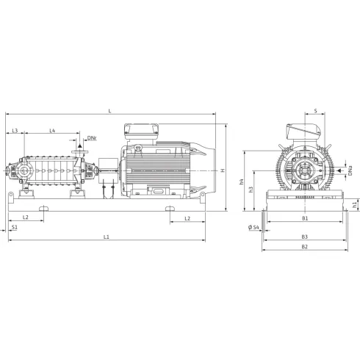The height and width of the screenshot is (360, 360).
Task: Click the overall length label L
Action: tap(109, 110)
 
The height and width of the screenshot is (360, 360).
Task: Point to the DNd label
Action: tap(92, 138)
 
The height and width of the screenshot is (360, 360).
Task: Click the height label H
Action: tap(222, 170)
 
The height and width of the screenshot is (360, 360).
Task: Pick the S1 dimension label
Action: tap(15, 228)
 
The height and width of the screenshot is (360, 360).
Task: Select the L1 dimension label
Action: tap(107, 237)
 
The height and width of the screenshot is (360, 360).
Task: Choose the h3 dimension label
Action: tap(251, 190)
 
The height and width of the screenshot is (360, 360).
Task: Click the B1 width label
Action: tap(304, 218)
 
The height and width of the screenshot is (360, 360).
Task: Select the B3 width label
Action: tap(304, 237)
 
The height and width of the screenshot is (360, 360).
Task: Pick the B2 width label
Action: tap(304, 247)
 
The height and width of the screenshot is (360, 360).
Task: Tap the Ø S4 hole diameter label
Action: tap(253, 228)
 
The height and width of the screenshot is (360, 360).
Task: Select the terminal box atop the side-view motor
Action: tap(142, 132)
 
